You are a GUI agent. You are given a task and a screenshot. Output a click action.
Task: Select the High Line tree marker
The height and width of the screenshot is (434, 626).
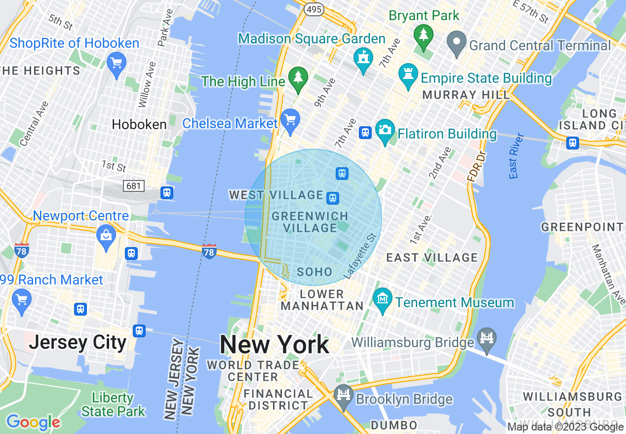point(298,78)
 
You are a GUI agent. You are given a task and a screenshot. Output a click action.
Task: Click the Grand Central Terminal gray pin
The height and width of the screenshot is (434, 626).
point(456,42)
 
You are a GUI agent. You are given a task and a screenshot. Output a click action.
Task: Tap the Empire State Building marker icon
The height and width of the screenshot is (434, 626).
point(408,74)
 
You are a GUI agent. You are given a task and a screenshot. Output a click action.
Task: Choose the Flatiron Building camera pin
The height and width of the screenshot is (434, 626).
point(385,130)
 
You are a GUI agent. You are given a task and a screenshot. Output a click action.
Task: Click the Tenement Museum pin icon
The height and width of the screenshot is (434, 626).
point(382,299)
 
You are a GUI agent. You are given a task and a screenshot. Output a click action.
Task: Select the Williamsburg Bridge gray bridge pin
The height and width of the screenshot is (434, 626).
point(487,339)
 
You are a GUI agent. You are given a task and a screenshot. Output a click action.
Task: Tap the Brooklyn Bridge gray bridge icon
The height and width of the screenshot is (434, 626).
point(343,396)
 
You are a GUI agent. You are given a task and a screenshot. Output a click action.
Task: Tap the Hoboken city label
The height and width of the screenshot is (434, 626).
point(139,124)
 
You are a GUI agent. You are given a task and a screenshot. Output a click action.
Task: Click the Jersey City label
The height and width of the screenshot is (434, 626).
point(78,342)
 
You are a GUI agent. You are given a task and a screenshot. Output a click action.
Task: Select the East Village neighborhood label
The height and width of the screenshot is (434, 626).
point(432,257)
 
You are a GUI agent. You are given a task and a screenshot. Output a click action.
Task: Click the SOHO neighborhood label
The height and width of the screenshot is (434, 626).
point(314,272)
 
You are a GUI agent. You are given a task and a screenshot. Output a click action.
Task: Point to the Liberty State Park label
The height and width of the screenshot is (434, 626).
point(113,404)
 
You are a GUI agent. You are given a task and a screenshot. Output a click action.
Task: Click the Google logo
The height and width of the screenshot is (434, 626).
point(33,422)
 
